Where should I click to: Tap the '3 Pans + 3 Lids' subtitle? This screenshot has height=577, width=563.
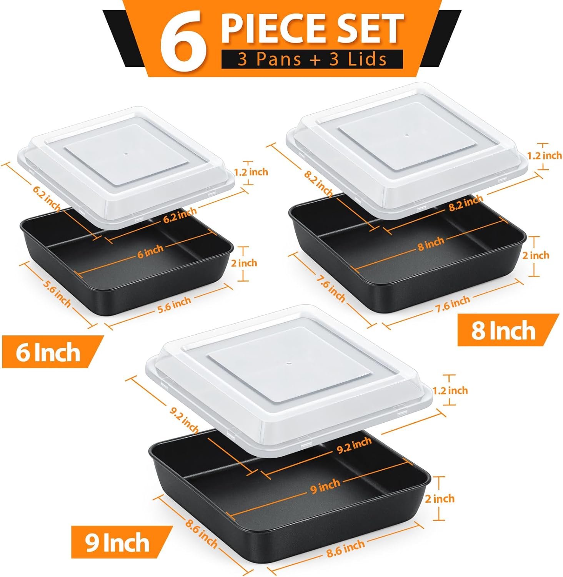312,59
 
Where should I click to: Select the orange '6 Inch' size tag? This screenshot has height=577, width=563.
48,352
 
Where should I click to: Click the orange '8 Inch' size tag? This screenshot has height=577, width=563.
503,330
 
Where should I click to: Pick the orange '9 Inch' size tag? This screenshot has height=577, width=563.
118,543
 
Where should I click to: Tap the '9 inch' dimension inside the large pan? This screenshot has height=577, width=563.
325,486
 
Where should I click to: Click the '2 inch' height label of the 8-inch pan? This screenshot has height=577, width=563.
535,255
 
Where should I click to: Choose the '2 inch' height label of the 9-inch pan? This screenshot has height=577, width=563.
440,499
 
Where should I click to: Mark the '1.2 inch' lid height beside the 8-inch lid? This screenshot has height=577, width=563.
544,155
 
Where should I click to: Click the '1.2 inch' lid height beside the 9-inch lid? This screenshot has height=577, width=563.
450,390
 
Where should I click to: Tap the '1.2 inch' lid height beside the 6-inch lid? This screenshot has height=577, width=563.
251,172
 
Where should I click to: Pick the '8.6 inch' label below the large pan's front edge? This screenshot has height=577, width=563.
345,549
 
